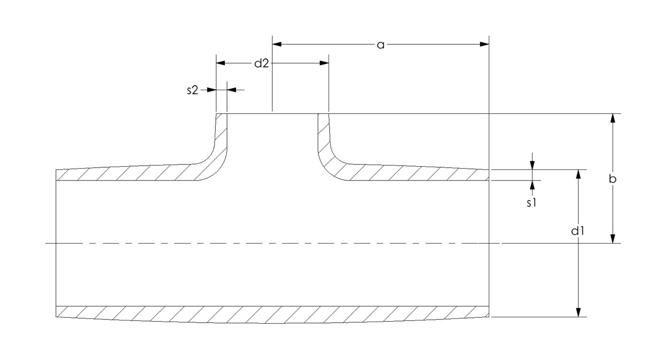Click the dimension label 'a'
click(x=380, y=45)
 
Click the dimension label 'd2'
click(x=261, y=64)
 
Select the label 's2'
click(x=192, y=90)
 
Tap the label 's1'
click(x=531, y=202)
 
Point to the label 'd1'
click(x=578, y=231)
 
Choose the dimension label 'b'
click(x=613, y=179)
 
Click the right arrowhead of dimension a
click(x=484, y=44)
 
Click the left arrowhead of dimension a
click(x=277, y=44)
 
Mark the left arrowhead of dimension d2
click(x=221, y=63)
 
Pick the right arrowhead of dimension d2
click(x=324, y=63)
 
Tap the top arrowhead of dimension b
click(x=613, y=119)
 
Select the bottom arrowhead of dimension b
click(x=613, y=239)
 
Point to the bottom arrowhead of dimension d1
click(x=578, y=312)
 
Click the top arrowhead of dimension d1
click(x=578, y=175)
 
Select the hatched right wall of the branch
click(x=323, y=136)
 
